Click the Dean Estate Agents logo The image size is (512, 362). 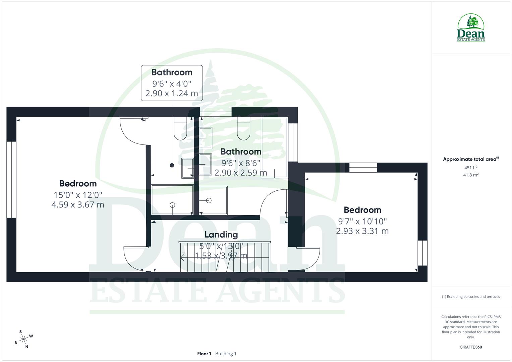click(471, 28)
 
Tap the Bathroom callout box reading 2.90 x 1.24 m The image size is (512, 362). click(172, 83)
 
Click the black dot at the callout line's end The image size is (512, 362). click(172, 165)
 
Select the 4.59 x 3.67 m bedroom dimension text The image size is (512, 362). click(78, 204)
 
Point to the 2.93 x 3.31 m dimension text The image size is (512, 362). click(362, 231)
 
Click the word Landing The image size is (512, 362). click(221, 235)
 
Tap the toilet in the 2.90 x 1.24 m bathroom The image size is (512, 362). click(180, 128)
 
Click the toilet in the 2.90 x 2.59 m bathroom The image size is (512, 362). click(243, 128)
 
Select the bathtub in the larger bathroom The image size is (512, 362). click(274, 147)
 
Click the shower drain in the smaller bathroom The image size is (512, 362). click(172, 205)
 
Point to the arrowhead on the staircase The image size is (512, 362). click(182, 258)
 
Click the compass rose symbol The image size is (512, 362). click(23, 339)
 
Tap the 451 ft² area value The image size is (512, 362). click(470, 168)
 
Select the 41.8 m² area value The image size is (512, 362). click(470, 175)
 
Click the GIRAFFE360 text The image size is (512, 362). click(470, 347)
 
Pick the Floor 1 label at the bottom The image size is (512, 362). click(204, 354)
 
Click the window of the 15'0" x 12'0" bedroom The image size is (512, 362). click(11, 180)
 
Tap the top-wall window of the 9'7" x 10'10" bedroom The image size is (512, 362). click(363, 167)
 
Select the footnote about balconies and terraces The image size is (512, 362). click(470, 297)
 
